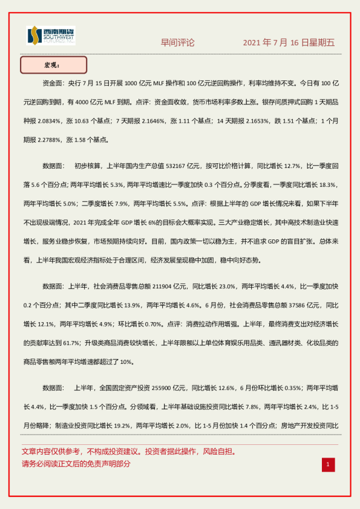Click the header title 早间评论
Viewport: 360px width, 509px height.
point(178,43)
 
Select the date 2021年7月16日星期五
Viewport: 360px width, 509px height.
point(289,43)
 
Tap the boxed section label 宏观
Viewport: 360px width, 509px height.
point(53,65)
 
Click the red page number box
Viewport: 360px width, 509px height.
point(327,464)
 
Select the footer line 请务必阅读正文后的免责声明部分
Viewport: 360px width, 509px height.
point(76,464)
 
